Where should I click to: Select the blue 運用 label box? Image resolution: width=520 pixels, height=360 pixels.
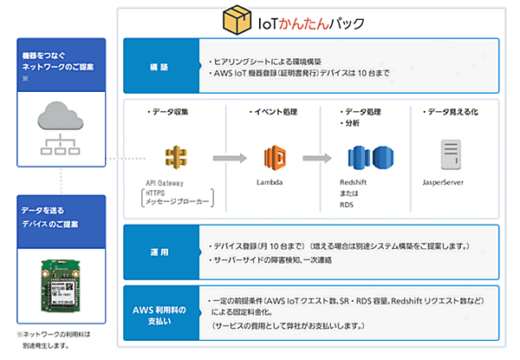[159, 249]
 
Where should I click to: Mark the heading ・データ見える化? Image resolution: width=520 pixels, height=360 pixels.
[452, 113]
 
